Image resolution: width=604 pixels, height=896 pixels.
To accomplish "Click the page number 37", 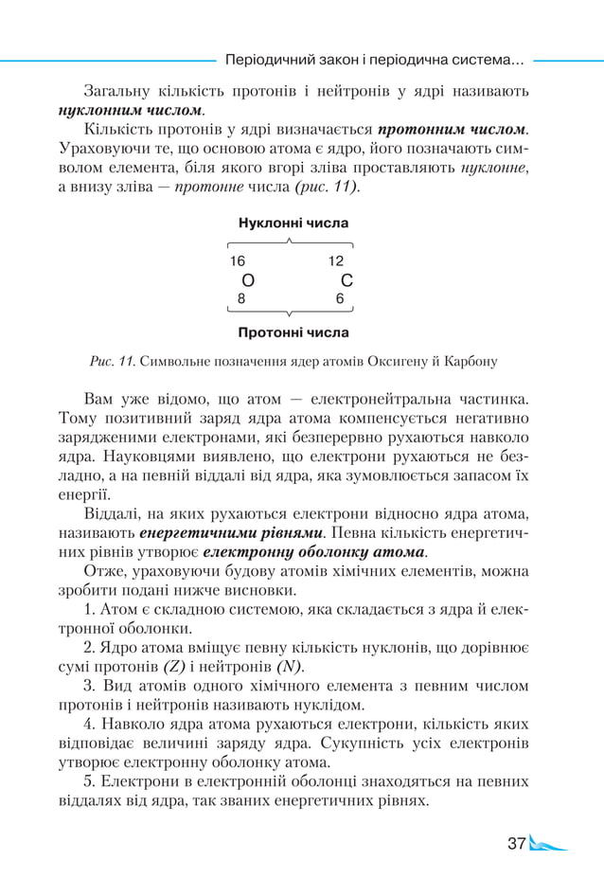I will click(516, 843).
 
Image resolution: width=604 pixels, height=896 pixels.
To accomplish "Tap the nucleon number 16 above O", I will click(238, 261).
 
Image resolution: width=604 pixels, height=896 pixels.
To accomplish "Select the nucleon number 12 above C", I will click(336, 261).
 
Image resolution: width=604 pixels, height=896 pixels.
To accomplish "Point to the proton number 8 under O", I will click(241, 297).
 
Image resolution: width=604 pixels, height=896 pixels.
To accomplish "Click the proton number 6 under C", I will click(340, 297).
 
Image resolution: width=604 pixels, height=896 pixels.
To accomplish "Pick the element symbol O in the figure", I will click(248, 280).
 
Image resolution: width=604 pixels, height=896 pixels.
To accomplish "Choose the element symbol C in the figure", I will click(346, 280).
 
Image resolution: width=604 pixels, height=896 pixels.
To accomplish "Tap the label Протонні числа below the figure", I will click(293, 332).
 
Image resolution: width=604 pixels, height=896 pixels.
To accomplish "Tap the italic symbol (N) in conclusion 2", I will click(287, 667).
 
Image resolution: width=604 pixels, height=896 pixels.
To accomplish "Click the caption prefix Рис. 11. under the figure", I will click(114, 361).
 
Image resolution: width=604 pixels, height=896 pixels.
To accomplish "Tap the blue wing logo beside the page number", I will click(549, 843).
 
